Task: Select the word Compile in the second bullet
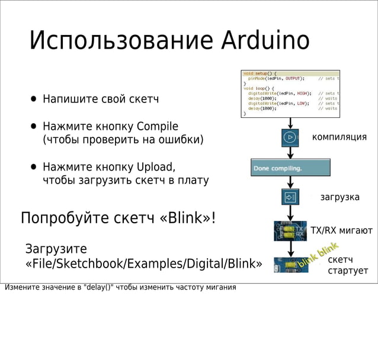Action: [157, 126]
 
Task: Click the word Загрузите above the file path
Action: [56, 248]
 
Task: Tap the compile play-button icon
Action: [290, 137]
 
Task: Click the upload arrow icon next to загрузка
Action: [290, 197]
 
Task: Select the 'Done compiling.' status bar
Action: [290, 168]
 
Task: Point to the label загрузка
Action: [339, 197]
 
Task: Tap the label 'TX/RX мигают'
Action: [341, 230]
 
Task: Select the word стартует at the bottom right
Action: [348, 271]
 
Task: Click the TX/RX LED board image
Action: [290, 230]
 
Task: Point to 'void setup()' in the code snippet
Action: [257, 73]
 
